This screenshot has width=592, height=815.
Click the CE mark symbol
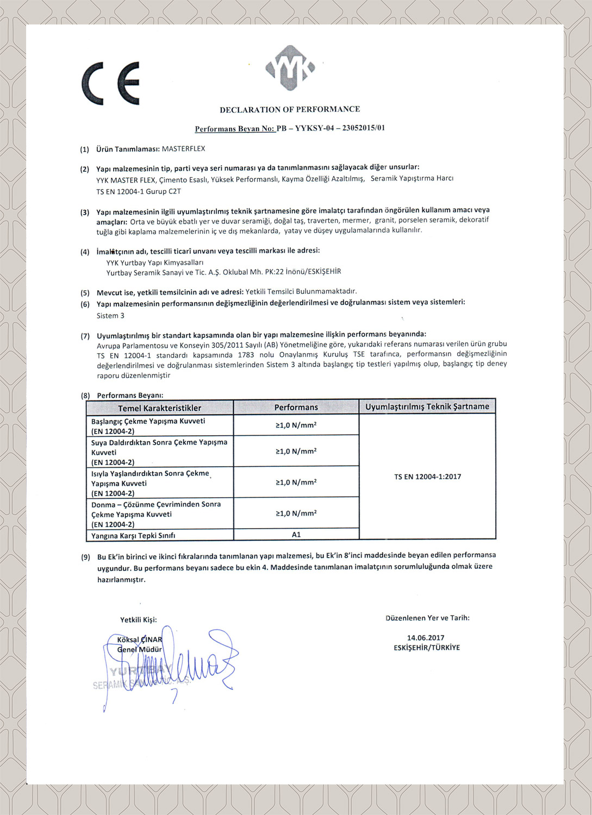[111, 83]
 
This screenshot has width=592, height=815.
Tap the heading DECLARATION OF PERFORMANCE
[290, 109]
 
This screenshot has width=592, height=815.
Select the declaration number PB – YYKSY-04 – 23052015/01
[331, 129]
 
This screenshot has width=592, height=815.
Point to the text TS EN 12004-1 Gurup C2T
[139, 191]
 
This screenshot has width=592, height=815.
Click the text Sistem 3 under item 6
[110, 316]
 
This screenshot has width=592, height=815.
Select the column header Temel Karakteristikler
[160, 408]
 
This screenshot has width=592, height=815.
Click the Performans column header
[296, 407]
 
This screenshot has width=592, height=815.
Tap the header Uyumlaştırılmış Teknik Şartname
[427, 406]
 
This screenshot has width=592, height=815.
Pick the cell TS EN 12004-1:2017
[427, 477]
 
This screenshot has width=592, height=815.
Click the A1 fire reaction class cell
[296, 535]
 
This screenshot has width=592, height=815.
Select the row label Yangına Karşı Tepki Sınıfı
[133, 535]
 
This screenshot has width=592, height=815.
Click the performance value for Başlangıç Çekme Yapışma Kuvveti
[296, 425]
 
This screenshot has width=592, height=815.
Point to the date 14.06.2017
[426, 638]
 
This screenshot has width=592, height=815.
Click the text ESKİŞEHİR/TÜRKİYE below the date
[427, 648]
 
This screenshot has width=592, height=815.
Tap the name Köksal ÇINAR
[140, 640]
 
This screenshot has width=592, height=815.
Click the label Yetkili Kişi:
[139, 619]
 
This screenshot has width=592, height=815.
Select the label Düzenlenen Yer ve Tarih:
[427, 618]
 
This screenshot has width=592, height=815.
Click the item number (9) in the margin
[85, 557]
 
